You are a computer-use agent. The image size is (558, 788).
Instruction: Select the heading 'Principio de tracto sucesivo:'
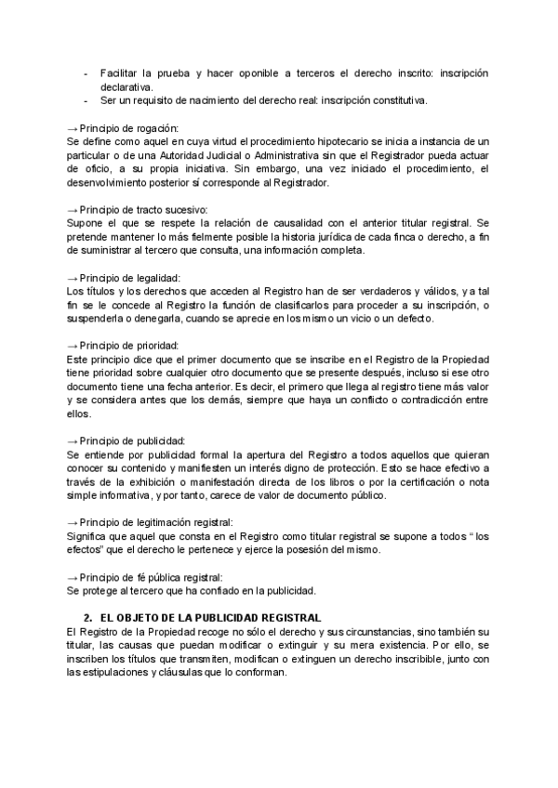(x=144, y=209)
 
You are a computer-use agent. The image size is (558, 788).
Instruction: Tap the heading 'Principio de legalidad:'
(x=130, y=278)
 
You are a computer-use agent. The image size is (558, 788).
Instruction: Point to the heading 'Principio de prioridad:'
(x=129, y=346)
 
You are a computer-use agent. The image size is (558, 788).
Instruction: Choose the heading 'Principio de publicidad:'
(x=133, y=440)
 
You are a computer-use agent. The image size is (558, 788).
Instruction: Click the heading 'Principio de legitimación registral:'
(x=157, y=523)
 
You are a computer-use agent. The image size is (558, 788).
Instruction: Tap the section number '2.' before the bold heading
(x=88, y=618)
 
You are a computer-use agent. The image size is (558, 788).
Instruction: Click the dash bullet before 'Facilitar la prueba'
(x=86, y=72)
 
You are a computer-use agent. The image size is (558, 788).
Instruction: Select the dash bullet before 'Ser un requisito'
(x=86, y=100)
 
